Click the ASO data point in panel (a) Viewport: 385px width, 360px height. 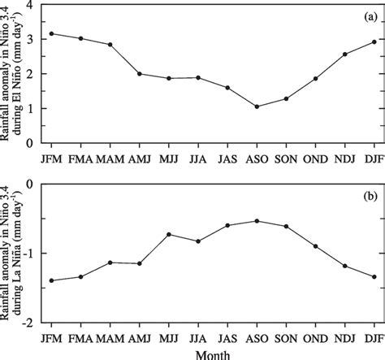(257, 106)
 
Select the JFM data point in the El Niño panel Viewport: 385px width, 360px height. (51, 33)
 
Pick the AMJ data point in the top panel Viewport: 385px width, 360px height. (139, 73)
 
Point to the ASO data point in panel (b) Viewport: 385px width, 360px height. (257, 221)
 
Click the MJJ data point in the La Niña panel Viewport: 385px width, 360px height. (169, 234)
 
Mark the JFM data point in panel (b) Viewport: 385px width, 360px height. (51, 280)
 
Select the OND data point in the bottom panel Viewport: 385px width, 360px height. (315, 245)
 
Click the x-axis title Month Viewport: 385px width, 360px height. (213, 353)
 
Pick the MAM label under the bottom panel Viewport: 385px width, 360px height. (110, 336)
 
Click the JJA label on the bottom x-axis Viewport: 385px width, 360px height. (198, 336)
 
